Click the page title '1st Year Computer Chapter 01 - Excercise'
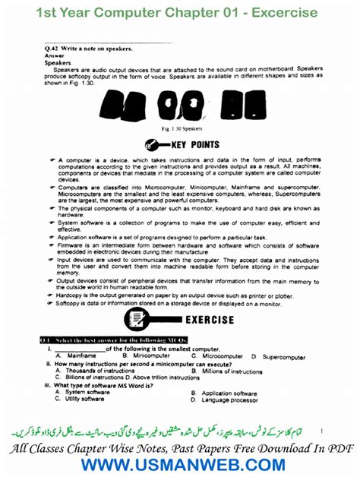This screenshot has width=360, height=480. (180, 13)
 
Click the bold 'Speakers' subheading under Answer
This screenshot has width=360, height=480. (58, 63)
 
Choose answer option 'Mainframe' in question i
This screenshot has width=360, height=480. (81, 355)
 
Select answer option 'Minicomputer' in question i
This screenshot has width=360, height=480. (151, 355)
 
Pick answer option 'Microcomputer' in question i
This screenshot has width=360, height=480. (222, 355)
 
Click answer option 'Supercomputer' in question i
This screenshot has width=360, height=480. (284, 356)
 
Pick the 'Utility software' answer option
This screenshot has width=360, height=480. (84, 399)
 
